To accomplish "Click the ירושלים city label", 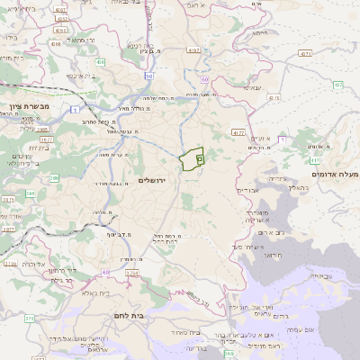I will click(x=156, y=181).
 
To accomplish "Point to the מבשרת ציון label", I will click(x=24, y=107).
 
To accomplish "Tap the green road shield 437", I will click(x=338, y=85).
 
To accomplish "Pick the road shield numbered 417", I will click(x=238, y=132).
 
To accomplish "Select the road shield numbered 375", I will click(x=29, y=318).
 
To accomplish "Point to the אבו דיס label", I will click(x=248, y=190).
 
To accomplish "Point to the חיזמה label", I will click(x=254, y=88).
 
